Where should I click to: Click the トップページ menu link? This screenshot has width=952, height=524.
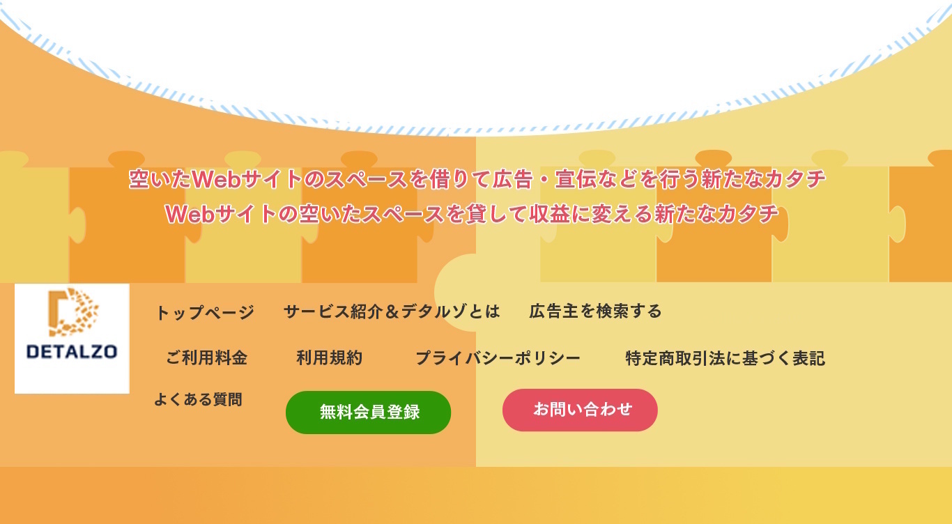click(x=205, y=312)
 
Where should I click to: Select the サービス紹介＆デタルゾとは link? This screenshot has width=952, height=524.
click(x=392, y=311)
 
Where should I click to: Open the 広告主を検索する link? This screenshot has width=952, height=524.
click(x=595, y=311)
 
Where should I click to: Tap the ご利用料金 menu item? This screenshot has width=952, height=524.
click(x=206, y=358)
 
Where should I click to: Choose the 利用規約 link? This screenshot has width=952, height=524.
click(x=330, y=358)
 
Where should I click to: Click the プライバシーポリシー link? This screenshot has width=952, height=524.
click(x=498, y=358)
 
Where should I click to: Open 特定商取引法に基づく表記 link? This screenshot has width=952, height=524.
click(x=725, y=358)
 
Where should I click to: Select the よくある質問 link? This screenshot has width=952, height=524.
click(x=198, y=399)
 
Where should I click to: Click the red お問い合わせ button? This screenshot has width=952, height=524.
click(x=580, y=410)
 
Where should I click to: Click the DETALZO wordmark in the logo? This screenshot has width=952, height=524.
click(x=72, y=352)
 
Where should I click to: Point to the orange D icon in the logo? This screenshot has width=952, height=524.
click(x=73, y=311)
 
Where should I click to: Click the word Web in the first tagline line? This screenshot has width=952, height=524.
click(x=217, y=179)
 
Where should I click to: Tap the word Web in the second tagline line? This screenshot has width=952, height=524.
click(x=190, y=214)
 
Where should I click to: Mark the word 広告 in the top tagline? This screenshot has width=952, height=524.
click(x=512, y=179)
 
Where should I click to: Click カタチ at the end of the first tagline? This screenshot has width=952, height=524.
click(x=794, y=179)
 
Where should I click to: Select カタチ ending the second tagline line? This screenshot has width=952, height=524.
click(x=748, y=214)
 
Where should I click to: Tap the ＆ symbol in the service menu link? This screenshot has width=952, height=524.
click(x=392, y=311)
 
